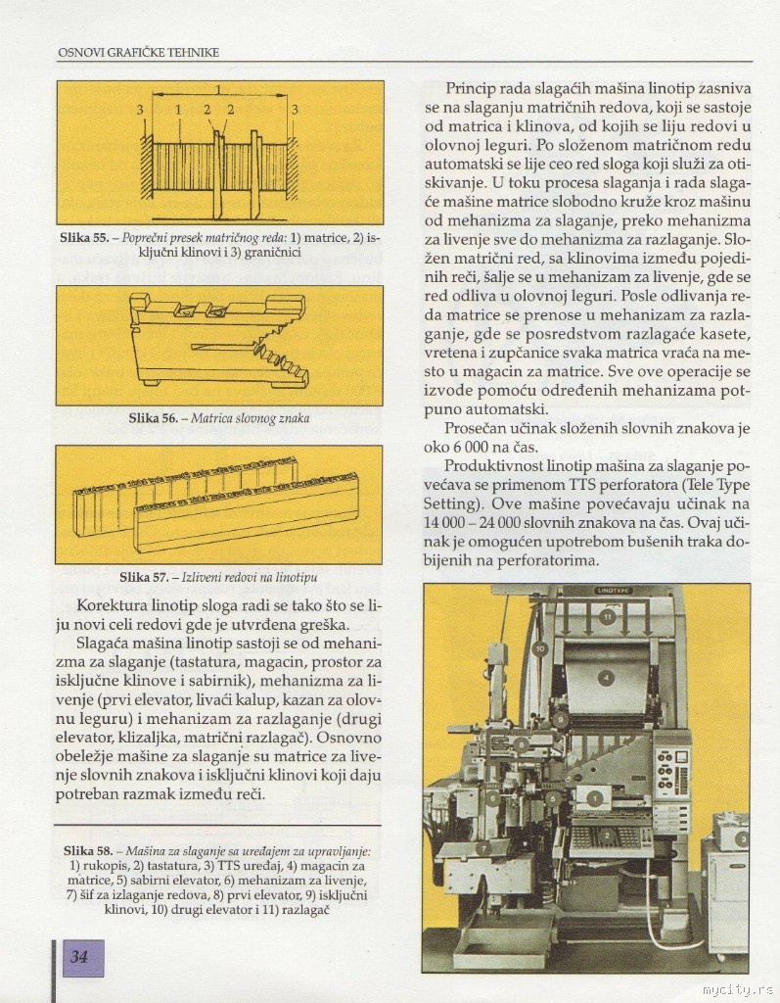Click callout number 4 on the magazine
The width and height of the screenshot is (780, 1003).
point(607,677)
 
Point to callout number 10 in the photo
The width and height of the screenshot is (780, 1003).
point(539,648)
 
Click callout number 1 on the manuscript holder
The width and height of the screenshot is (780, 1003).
point(595,799)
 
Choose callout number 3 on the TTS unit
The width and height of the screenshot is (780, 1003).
point(741,838)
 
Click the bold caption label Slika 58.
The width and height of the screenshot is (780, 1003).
point(87,852)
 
